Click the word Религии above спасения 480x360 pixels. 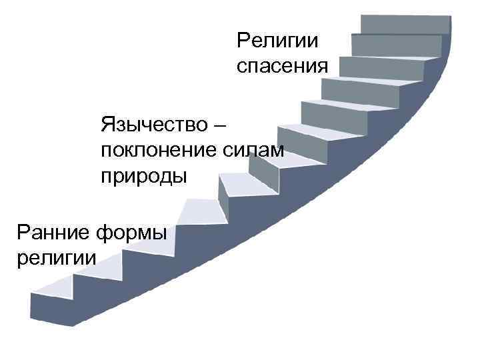point(277,41)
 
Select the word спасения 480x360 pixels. point(283,67)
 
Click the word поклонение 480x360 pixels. point(155,150)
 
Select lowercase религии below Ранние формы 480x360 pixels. point(54,257)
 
